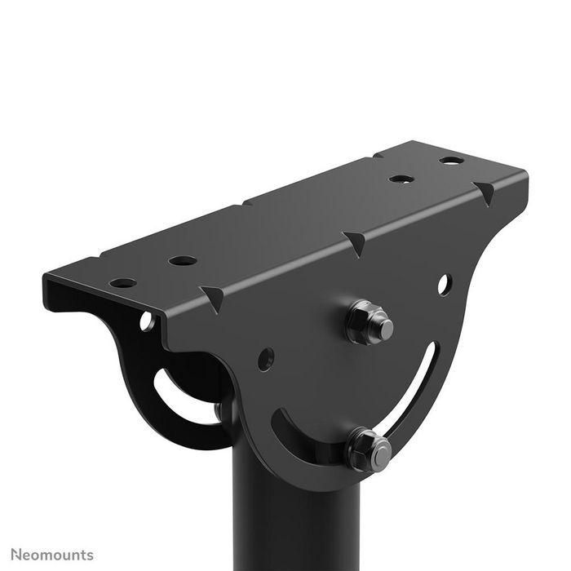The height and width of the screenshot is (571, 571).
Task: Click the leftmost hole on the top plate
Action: (123, 283)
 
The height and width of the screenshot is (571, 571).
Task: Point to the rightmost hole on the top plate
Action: (451, 160)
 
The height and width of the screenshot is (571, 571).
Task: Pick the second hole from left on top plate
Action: (183, 261)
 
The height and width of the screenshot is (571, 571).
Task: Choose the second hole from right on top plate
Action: (400, 179)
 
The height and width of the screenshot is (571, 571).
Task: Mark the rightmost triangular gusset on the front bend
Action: (485, 193)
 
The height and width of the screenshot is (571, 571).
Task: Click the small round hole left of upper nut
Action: (266, 358)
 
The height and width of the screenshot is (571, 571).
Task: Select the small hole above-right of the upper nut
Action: (443, 285)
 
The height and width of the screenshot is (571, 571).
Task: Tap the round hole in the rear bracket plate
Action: (147, 321)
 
